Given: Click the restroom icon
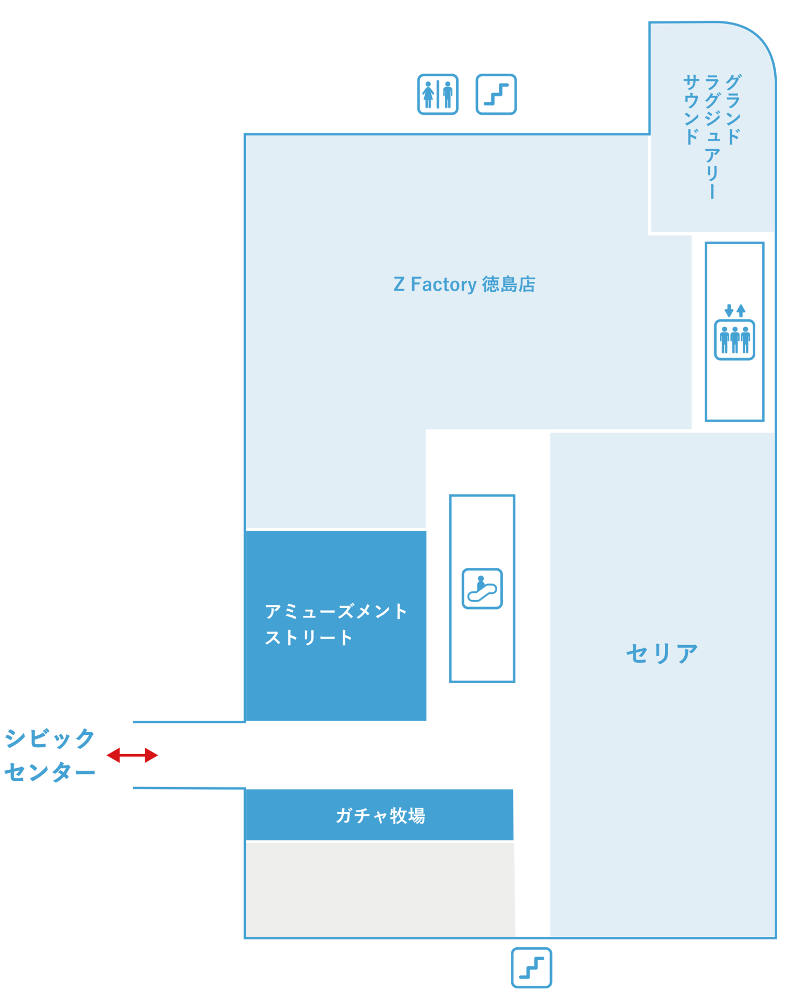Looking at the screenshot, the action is [x=438, y=94].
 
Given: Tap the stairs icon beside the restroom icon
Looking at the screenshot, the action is [x=496, y=94].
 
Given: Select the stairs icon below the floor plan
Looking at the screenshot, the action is [x=531, y=968].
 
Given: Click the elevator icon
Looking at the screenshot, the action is [x=734, y=340].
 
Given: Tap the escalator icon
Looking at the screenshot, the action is [x=482, y=589].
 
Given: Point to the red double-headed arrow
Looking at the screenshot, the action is [x=132, y=755].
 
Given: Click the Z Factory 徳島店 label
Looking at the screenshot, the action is [x=464, y=284].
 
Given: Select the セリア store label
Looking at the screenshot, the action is [x=662, y=653].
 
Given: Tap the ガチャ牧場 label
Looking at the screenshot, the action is [x=380, y=815].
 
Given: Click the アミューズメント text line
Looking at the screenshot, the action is [x=335, y=611].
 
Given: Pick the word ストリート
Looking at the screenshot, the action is [x=308, y=638].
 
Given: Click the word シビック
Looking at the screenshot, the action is [x=50, y=738].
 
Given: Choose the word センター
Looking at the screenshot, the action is [x=50, y=772].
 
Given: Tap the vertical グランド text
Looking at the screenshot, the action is [x=733, y=109].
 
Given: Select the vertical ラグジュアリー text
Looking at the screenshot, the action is [x=712, y=137].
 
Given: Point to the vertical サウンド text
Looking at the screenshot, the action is [x=691, y=109].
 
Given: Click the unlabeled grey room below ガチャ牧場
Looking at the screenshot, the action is [x=380, y=889].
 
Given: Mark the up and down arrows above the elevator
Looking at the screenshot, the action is [x=735, y=311].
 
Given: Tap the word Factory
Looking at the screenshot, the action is [x=443, y=285].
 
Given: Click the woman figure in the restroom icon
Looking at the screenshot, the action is [x=428, y=94].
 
